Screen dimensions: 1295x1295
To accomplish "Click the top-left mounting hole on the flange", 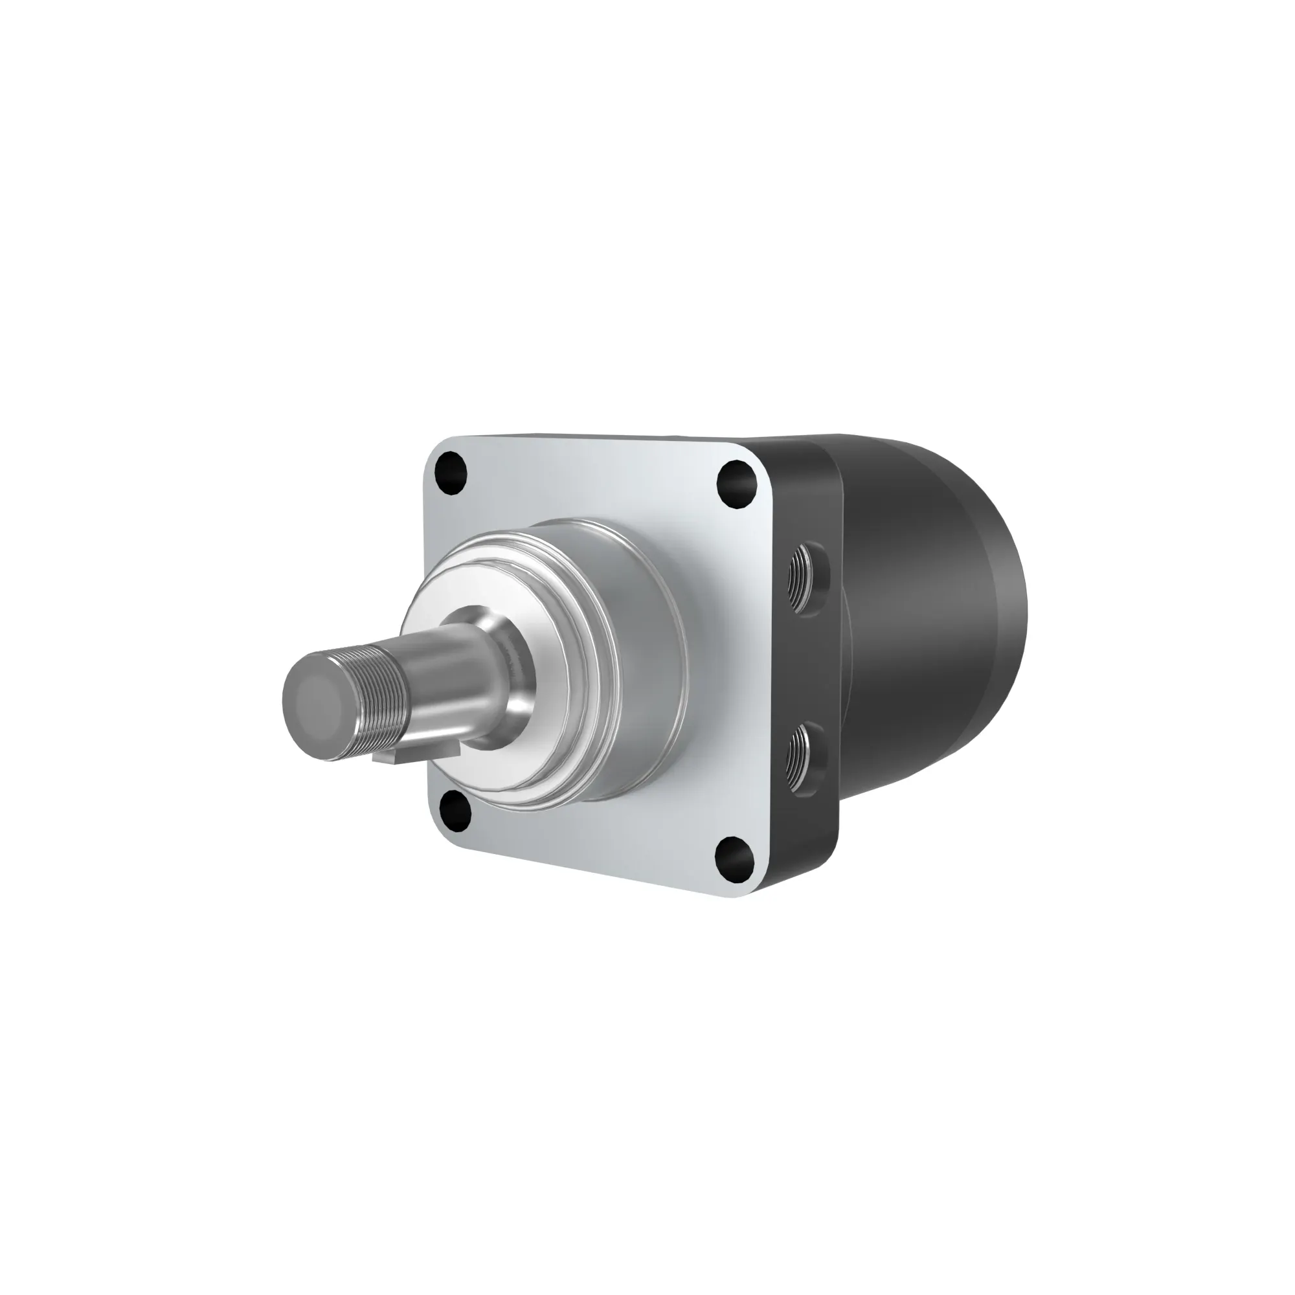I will (451, 473).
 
